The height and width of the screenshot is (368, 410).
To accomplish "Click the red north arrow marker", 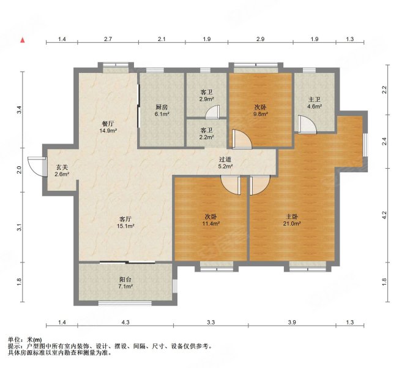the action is click(x=23, y=40).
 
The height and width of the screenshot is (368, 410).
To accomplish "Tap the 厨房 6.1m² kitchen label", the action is click(x=162, y=110).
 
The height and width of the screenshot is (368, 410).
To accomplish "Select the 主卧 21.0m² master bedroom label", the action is click(x=292, y=220).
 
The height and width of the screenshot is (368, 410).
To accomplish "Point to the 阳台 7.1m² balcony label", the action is click(x=125, y=283).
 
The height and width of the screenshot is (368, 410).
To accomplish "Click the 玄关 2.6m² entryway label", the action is click(x=62, y=171).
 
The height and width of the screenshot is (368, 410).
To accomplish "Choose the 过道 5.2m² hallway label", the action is click(x=225, y=163).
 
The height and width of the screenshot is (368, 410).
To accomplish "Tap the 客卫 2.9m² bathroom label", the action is click(x=207, y=96).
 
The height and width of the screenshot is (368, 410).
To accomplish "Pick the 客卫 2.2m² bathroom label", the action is click(x=207, y=134).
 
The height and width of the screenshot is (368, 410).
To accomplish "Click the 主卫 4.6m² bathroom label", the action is click(x=315, y=103).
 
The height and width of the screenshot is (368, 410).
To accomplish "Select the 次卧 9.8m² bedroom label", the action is click(x=261, y=110).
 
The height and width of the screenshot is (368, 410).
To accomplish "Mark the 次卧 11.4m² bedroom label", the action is click(x=211, y=220).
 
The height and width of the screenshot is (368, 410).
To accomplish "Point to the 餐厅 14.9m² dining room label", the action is click(x=108, y=127).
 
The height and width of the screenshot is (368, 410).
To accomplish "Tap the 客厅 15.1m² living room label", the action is click(x=125, y=222).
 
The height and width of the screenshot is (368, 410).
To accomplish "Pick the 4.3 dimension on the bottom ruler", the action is click(x=125, y=322).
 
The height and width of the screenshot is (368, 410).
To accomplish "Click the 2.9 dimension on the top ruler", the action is click(x=260, y=39).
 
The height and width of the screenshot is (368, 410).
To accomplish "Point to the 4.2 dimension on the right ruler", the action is click(x=384, y=215).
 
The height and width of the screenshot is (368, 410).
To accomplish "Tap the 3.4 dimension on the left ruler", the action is click(x=18, y=110).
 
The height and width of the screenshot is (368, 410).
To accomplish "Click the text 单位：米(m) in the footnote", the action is click(x=25, y=340).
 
